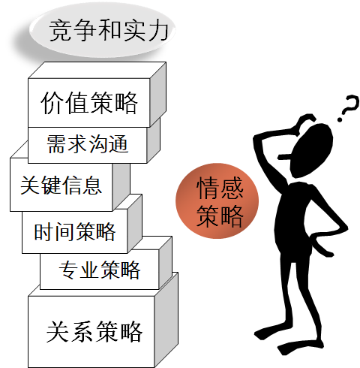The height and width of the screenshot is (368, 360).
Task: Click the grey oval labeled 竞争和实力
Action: pos(103,29)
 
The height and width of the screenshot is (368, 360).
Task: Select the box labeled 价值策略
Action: pos(97,95)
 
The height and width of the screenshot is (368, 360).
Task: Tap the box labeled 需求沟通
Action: pos(94,141)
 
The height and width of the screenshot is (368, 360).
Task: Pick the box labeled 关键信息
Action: pos(70,185)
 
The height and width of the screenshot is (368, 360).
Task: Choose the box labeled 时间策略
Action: pos(82,224)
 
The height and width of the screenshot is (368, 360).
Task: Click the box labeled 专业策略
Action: pos(106,263)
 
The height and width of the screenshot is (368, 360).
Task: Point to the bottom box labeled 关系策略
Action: pos(103,321)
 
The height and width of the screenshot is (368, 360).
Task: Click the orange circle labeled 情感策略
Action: pos(217,201)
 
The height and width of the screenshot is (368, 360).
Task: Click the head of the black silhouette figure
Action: pos(311,150)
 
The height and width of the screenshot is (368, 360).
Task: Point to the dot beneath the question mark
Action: pos(340,119)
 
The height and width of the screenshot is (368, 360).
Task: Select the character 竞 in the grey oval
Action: pos(60,31)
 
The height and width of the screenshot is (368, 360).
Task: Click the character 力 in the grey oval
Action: pos(158,31)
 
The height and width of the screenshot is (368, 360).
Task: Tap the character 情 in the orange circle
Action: pos(207,188)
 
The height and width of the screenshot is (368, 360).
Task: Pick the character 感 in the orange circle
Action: pos(232,188)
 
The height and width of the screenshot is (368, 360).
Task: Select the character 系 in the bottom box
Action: pos(82,331)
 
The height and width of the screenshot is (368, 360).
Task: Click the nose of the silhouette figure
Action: pos(284,158)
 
